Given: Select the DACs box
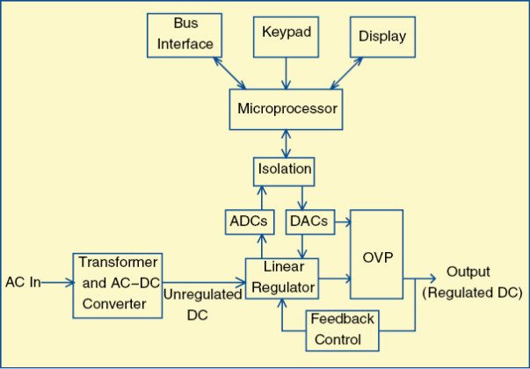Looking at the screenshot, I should (308, 221).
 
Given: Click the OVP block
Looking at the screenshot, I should (377, 257).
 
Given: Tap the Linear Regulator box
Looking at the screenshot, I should (280, 278).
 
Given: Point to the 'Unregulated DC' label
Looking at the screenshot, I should (201, 304).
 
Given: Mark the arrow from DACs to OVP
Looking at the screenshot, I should (340, 221).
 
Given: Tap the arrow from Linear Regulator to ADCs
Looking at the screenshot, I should (258, 245).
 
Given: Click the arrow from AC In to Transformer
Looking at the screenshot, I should (54, 283).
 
